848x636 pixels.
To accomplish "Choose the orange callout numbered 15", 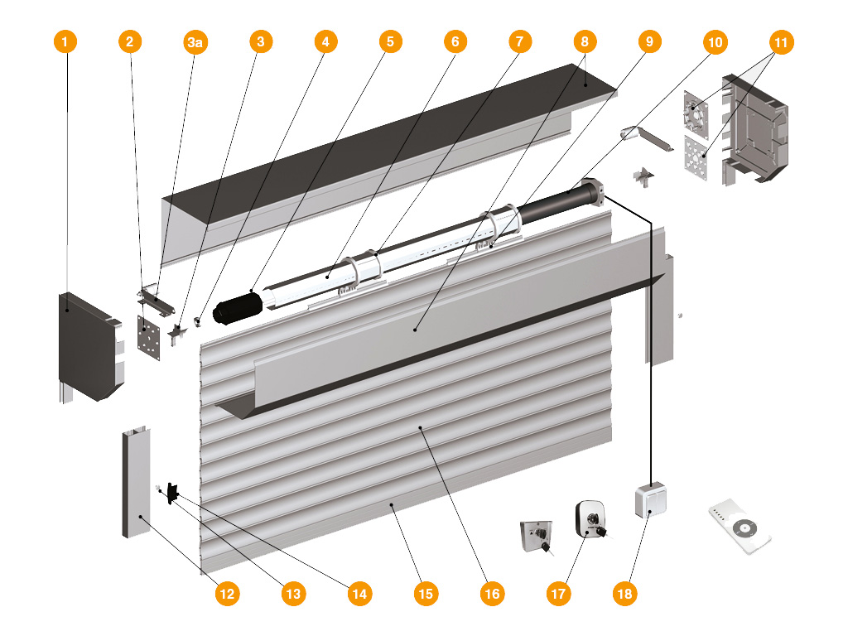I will coord(426,593).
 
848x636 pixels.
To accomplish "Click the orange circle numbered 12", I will coord(227,593).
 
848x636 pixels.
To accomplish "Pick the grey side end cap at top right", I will coord(754,128).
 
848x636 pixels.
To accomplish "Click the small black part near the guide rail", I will coord(172,493).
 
